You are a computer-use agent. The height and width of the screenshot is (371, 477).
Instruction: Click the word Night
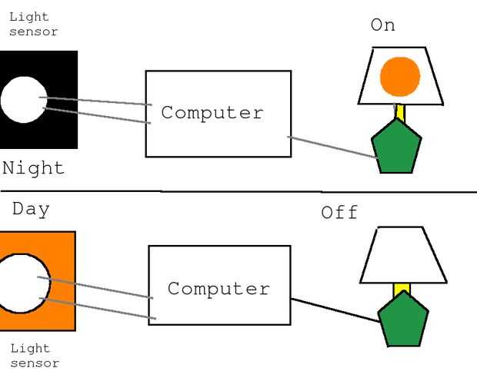(x=33, y=169)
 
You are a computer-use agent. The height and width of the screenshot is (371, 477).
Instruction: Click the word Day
(x=31, y=209)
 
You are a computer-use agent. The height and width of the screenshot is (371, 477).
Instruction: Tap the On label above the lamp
(x=382, y=25)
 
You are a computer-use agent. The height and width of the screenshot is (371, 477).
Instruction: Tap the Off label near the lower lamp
(x=339, y=213)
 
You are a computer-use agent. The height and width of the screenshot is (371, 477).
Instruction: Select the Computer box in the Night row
(x=218, y=114)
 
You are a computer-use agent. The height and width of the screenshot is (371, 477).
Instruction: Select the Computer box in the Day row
(x=219, y=286)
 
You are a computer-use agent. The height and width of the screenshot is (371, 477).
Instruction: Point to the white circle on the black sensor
(x=23, y=100)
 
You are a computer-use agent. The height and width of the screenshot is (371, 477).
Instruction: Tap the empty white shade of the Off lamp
(x=403, y=256)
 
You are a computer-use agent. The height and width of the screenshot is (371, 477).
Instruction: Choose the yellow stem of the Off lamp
(x=402, y=290)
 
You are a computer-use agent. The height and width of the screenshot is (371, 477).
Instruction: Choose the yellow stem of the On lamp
(x=400, y=113)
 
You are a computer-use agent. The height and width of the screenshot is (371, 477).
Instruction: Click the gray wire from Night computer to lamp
(x=332, y=147)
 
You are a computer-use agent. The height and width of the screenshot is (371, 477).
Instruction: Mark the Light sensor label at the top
(x=33, y=24)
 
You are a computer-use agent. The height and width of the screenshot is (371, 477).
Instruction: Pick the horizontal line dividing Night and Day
(x=231, y=191)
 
